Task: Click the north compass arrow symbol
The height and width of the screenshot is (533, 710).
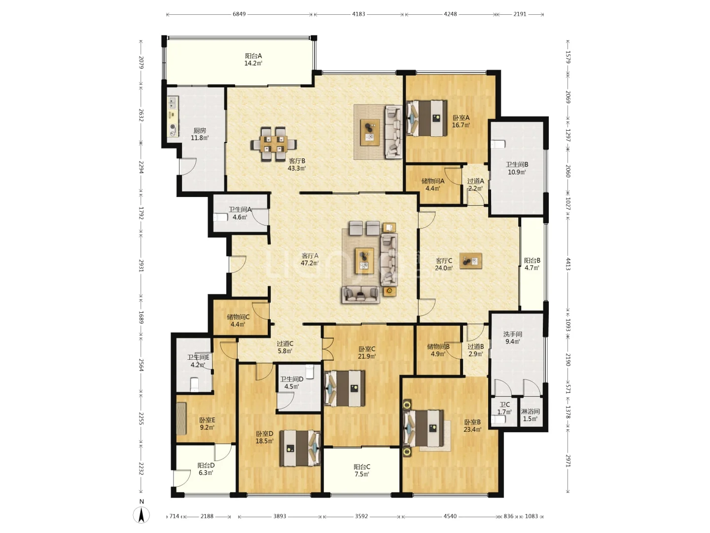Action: [x=142, y=514]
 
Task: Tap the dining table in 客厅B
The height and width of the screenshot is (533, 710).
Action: [x=273, y=144]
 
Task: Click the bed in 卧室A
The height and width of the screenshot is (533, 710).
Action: [x=426, y=118]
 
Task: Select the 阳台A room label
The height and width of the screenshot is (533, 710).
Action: [x=253, y=56]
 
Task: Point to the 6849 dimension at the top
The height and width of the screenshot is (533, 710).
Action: [x=239, y=14]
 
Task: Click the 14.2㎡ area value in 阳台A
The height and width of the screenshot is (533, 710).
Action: [x=253, y=64]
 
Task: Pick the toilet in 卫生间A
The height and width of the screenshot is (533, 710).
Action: [x=220, y=217]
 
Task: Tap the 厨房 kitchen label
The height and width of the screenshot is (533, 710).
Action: [x=200, y=131]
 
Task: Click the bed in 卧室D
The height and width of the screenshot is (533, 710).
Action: [x=300, y=448]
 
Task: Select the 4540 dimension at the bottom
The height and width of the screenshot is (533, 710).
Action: [x=450, y=516]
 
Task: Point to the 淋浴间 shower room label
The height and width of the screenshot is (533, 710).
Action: [x=530, y=412]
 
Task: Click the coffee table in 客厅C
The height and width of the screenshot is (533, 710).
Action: [x=471, y=261]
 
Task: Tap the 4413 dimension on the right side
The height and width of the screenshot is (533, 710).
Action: [x=568, y=264]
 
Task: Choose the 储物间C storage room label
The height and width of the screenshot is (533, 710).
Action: [x=238, y=317]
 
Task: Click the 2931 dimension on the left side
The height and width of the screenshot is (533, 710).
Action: [x=141, y=266]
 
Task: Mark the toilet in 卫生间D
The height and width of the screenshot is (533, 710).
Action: [x=310, y=372]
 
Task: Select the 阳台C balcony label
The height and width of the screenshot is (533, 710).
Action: [x=362, y=467]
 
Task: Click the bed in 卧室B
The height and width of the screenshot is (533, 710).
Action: [x=424, y=428]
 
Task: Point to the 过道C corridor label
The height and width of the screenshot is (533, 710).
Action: [x=285, y=343]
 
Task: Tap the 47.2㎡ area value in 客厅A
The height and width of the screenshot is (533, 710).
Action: [x=310, y=263]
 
